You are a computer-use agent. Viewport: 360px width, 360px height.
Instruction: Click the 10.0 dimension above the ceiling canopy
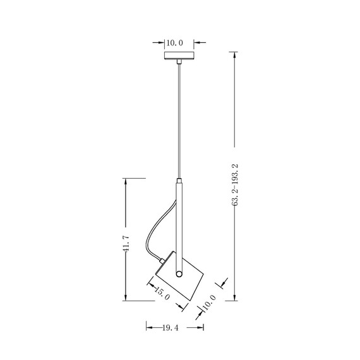(x=174, y=43)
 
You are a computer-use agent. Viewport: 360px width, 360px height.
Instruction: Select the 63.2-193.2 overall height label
(x=235, y=184)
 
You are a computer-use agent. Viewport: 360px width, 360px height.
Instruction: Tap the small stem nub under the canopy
(x=179, y=63)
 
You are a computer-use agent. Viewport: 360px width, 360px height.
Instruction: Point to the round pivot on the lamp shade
(x=179, y=274)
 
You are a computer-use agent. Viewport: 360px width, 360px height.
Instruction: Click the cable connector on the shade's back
(x=164, y=259)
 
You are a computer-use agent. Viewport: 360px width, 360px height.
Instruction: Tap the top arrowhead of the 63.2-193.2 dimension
(x=235, y=57)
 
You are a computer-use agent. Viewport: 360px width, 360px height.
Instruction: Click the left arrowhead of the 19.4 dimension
(x=149, y=328)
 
